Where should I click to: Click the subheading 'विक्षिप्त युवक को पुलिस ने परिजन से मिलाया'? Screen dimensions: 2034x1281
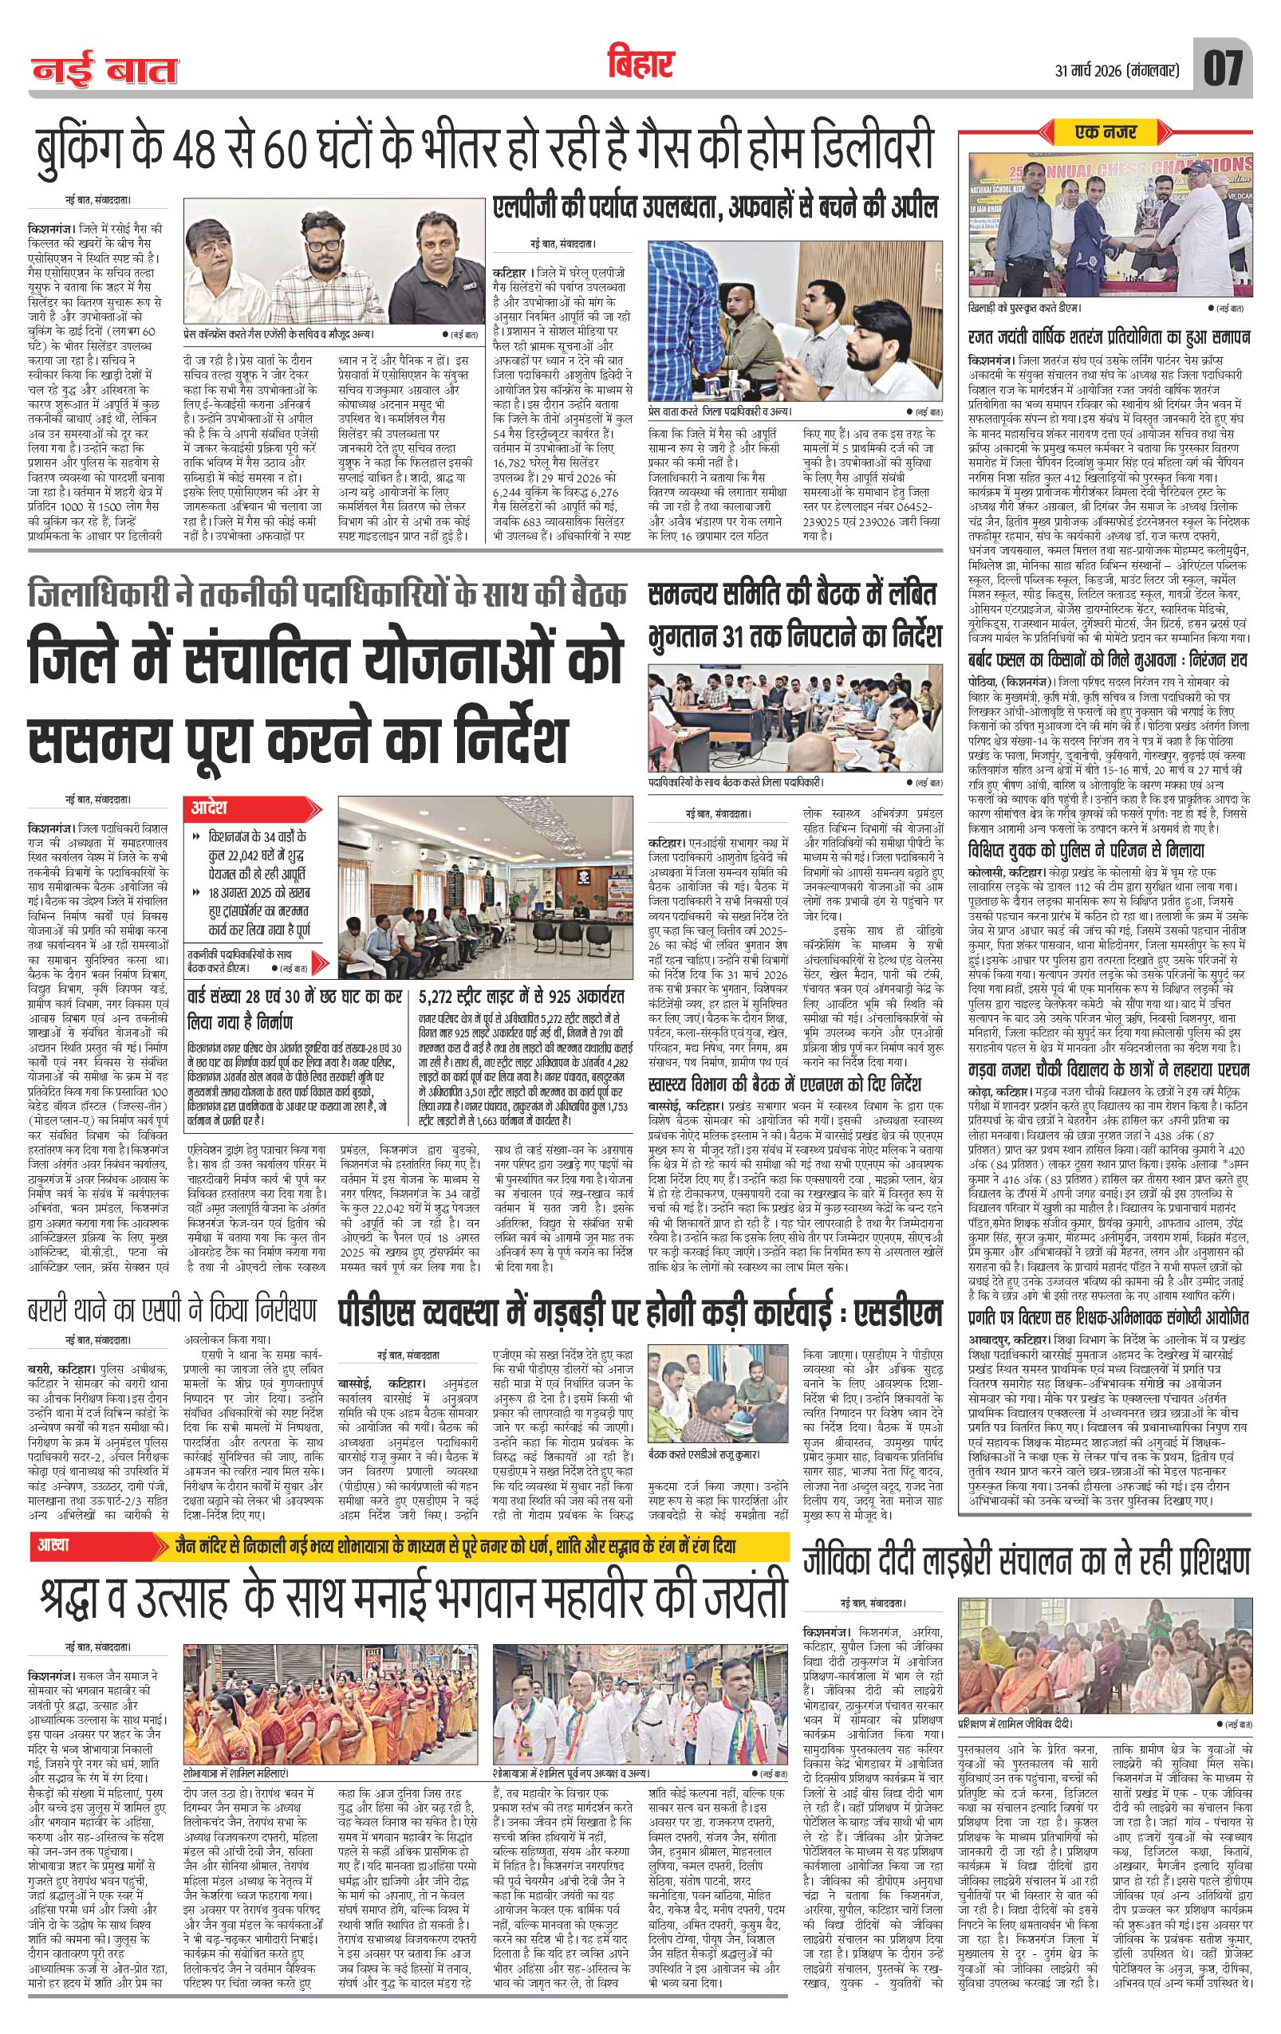click(x=1091, y=849)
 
